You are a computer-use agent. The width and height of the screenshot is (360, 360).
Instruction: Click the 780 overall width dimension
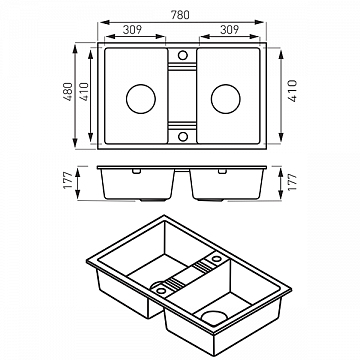pos(180,15)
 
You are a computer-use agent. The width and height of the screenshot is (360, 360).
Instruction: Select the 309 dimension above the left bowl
pos(132,30)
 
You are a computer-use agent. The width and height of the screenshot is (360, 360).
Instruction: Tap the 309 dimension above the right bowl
pos(229,30)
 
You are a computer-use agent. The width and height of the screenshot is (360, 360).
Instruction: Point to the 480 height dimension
pos(68,92)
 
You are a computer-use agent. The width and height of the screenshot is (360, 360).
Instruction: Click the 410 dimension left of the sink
pos(84,92)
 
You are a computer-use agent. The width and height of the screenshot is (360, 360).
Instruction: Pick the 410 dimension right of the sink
pos(292,91)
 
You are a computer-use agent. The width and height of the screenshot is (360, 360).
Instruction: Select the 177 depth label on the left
pos(68,180)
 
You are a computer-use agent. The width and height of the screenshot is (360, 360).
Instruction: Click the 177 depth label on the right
pos(292,182)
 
